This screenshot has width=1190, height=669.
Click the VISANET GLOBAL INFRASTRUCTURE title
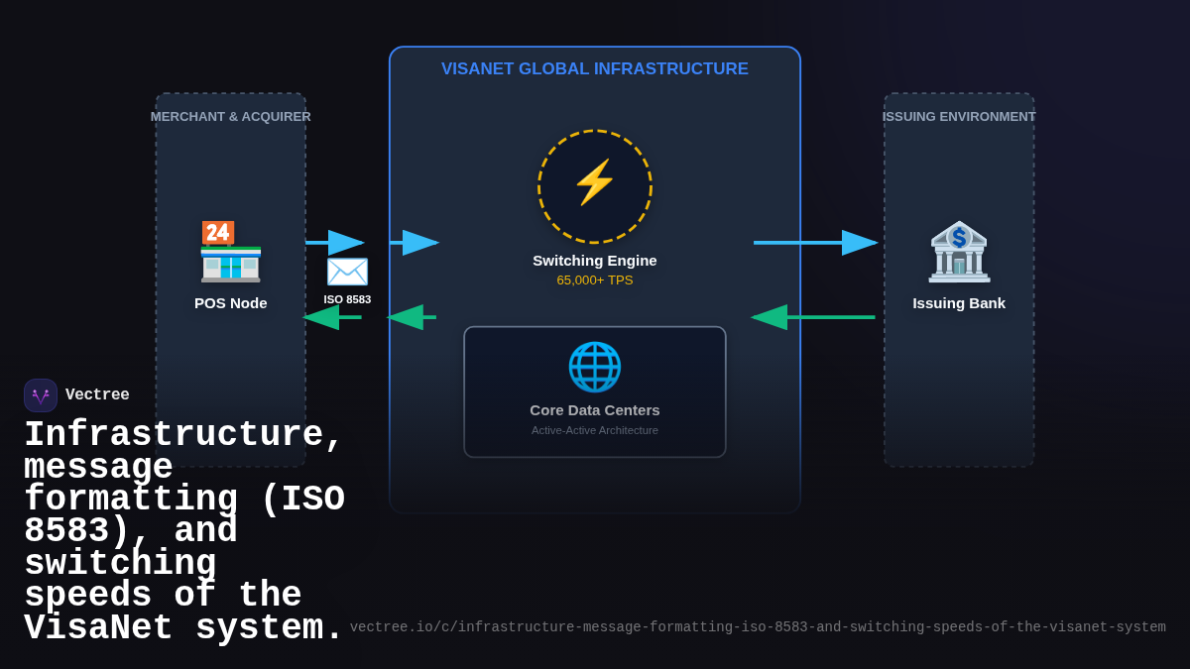click(595, 69)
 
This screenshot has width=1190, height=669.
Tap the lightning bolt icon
click(595, 183)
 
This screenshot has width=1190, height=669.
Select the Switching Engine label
click(595, 261)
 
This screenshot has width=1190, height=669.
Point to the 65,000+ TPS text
click(595, 280)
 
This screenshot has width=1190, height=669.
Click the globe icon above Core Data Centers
click(595, 367)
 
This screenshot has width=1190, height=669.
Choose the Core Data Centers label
click(595, 410)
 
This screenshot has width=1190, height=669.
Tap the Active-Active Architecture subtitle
click(595, 430)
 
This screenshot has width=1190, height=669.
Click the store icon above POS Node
click(231, 252)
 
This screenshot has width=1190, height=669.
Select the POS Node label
click(231, 303)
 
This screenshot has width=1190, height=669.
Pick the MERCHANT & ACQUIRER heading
click(231, 117)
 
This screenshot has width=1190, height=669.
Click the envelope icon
click(347, 272)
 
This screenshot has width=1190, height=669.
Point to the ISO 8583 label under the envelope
click(347, 299)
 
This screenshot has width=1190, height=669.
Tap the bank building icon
click(959, 252)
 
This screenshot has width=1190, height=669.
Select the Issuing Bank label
click(959, 303)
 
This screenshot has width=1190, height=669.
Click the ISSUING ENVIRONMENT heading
click(959, 117)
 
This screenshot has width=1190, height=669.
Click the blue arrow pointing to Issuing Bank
click(815, 243)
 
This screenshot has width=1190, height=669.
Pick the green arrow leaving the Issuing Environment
click(813, 317)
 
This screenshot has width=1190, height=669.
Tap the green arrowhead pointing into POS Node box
click(321, 317)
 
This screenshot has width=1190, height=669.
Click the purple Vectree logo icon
click(41, 395)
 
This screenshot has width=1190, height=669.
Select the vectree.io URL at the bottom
click(758, 627)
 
